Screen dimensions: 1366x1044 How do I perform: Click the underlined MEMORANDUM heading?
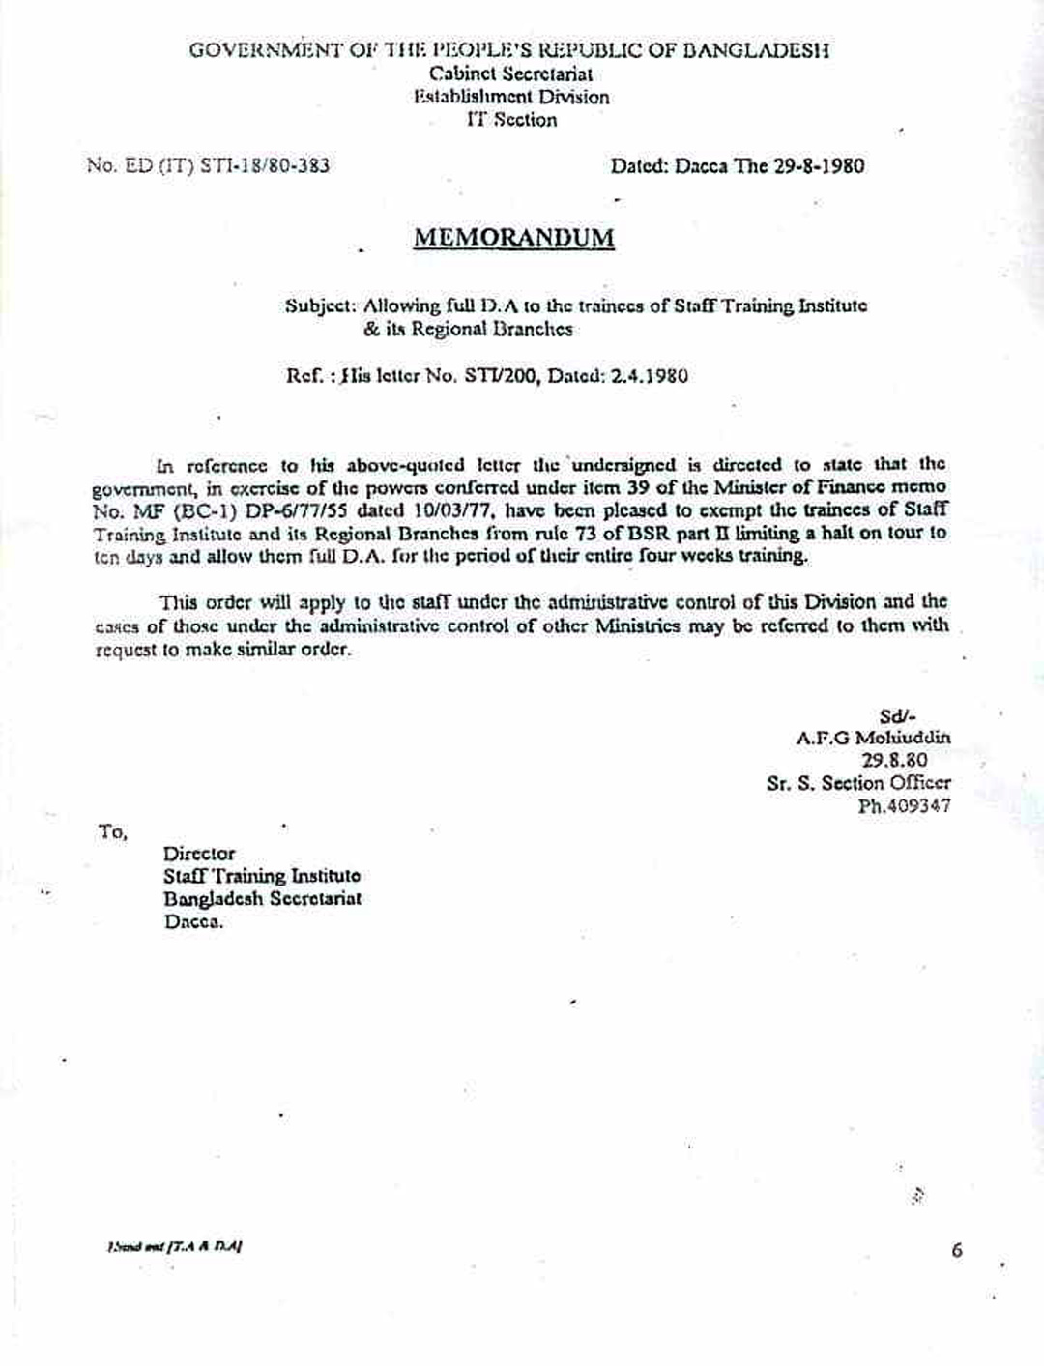[513, 238]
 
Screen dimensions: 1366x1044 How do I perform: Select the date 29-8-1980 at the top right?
[820, 165]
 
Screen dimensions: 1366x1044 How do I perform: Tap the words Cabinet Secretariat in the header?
[511, 73]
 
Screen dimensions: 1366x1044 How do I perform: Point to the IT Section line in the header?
[511, 120]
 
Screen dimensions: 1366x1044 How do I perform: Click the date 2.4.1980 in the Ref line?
[650, 375]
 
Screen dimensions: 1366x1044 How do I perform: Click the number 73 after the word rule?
[588, 533]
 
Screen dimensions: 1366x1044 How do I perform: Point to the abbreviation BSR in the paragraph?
[642, 533]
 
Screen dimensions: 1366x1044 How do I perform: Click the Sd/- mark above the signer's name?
[898, 716]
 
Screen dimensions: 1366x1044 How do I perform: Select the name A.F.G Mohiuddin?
[873, 738]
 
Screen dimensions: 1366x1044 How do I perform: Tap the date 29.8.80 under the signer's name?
[894, 760]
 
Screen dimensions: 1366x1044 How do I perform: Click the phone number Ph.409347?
[904, 805]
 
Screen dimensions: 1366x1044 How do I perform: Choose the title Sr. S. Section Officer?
[858, 783]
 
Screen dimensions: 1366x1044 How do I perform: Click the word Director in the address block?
[199, 854]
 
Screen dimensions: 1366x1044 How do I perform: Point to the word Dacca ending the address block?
[193, 921]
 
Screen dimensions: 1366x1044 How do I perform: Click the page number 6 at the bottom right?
[957, 1250]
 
